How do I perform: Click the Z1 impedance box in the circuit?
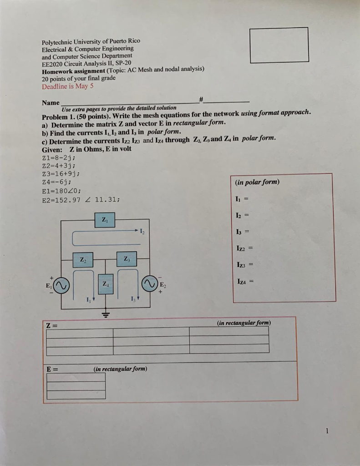(x=105, y=220)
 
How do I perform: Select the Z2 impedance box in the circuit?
(x=83, y=260)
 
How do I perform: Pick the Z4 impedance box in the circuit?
(x=105, y=284)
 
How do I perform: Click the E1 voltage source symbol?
(x=62, y=285)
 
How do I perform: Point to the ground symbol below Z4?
(x=105, y=314)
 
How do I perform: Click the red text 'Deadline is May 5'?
(x=67, y=86)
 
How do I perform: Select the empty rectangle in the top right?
(x=279, y=45)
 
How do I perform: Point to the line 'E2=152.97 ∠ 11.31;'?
(x=81, y=199)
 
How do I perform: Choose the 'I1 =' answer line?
(x=243, y=199)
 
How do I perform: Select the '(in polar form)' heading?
(x=257, y=182)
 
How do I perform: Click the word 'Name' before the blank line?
(x=51, y=103)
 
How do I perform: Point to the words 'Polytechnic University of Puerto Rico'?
(x=91, y=41)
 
